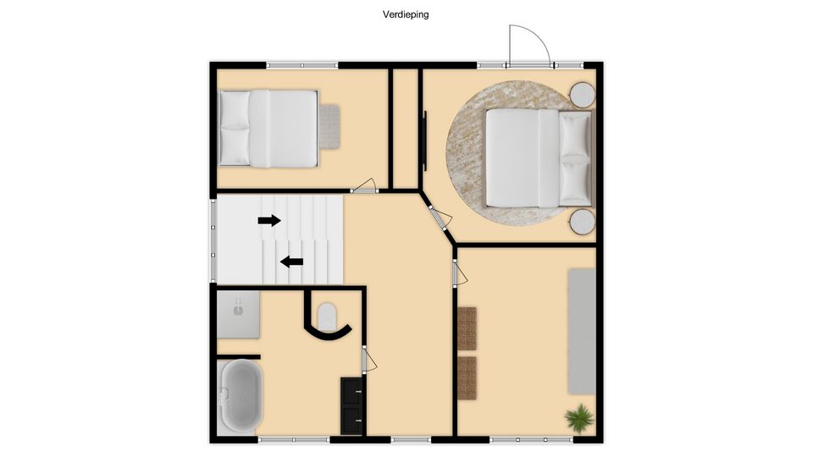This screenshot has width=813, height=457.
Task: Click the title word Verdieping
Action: point(406,14)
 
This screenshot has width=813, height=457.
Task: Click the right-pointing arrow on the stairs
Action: point(269,221)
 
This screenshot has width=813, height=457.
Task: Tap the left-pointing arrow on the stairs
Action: point(291,262)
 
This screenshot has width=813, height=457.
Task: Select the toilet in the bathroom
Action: point(327,316)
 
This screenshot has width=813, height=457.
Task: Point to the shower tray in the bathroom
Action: point(238,315)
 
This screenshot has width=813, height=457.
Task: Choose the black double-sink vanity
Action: point(351,406)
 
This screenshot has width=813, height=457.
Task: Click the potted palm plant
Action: point(579,417)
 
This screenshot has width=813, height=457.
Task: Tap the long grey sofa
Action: point(582,331)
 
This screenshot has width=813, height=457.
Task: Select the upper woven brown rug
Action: point(467,328)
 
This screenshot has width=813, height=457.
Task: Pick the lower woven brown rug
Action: point(467,378)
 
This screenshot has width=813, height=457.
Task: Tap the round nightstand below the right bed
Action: point(583,222)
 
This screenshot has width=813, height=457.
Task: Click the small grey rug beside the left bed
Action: point(329,127)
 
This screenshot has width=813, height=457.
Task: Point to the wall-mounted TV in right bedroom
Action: point(425,141)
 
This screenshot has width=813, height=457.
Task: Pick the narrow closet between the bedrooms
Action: point(406,129)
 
